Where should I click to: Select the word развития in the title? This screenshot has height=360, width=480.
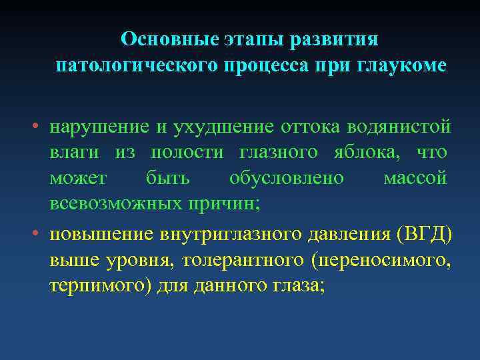click(336, 39)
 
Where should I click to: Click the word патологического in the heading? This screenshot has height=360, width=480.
click(140, 67)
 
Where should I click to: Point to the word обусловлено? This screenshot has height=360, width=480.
click(287, 179)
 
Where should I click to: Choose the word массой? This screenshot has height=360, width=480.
click(415, 179)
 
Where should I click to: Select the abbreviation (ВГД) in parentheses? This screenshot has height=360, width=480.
click(424, 235)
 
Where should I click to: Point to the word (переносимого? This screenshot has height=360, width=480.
click(386, 261)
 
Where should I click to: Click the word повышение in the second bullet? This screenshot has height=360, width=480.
click(101, 235)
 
